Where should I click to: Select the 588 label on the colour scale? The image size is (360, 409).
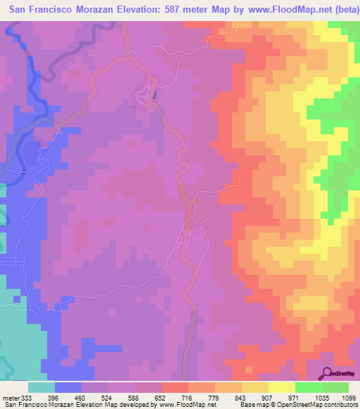pyautogui.click(x=148, y=398)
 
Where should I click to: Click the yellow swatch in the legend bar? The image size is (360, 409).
pyautogui.click(x=281, y=387)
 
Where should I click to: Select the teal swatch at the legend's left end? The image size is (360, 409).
pyautogui.click(x=41, y=387)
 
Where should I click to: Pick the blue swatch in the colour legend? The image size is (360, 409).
pyautogui.click(x=68, y=387)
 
